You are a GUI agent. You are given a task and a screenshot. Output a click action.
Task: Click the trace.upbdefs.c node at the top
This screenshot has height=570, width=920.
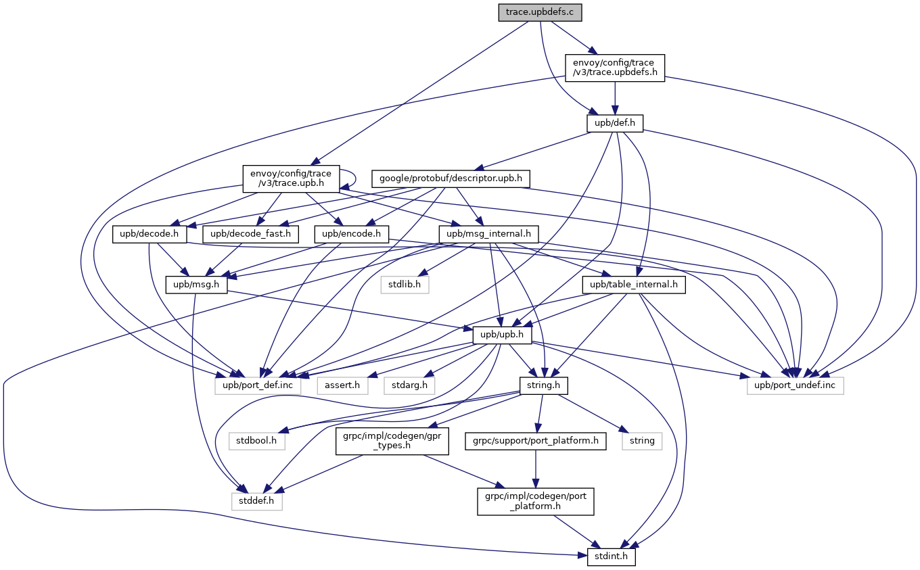[540, 12]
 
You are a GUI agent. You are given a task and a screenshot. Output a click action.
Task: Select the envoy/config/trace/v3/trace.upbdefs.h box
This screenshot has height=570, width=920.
[614, 68]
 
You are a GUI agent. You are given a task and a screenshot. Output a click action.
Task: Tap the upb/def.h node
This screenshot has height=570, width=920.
[614, 123]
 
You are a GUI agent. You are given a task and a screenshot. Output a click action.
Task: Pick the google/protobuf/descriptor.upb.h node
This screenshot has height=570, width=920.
[450, 179]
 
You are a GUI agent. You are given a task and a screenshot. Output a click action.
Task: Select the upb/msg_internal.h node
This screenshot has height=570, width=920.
[488, 234]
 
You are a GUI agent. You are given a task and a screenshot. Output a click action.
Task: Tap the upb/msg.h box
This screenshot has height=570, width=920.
[196, 285]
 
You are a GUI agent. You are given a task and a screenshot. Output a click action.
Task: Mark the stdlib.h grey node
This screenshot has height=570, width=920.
[405, 285]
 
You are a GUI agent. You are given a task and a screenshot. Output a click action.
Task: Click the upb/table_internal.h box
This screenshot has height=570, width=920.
[634, 285]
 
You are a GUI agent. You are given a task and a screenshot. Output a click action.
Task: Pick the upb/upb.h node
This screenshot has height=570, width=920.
[502, 335]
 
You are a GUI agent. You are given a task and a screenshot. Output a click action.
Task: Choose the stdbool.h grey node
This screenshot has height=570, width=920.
[257, 441]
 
